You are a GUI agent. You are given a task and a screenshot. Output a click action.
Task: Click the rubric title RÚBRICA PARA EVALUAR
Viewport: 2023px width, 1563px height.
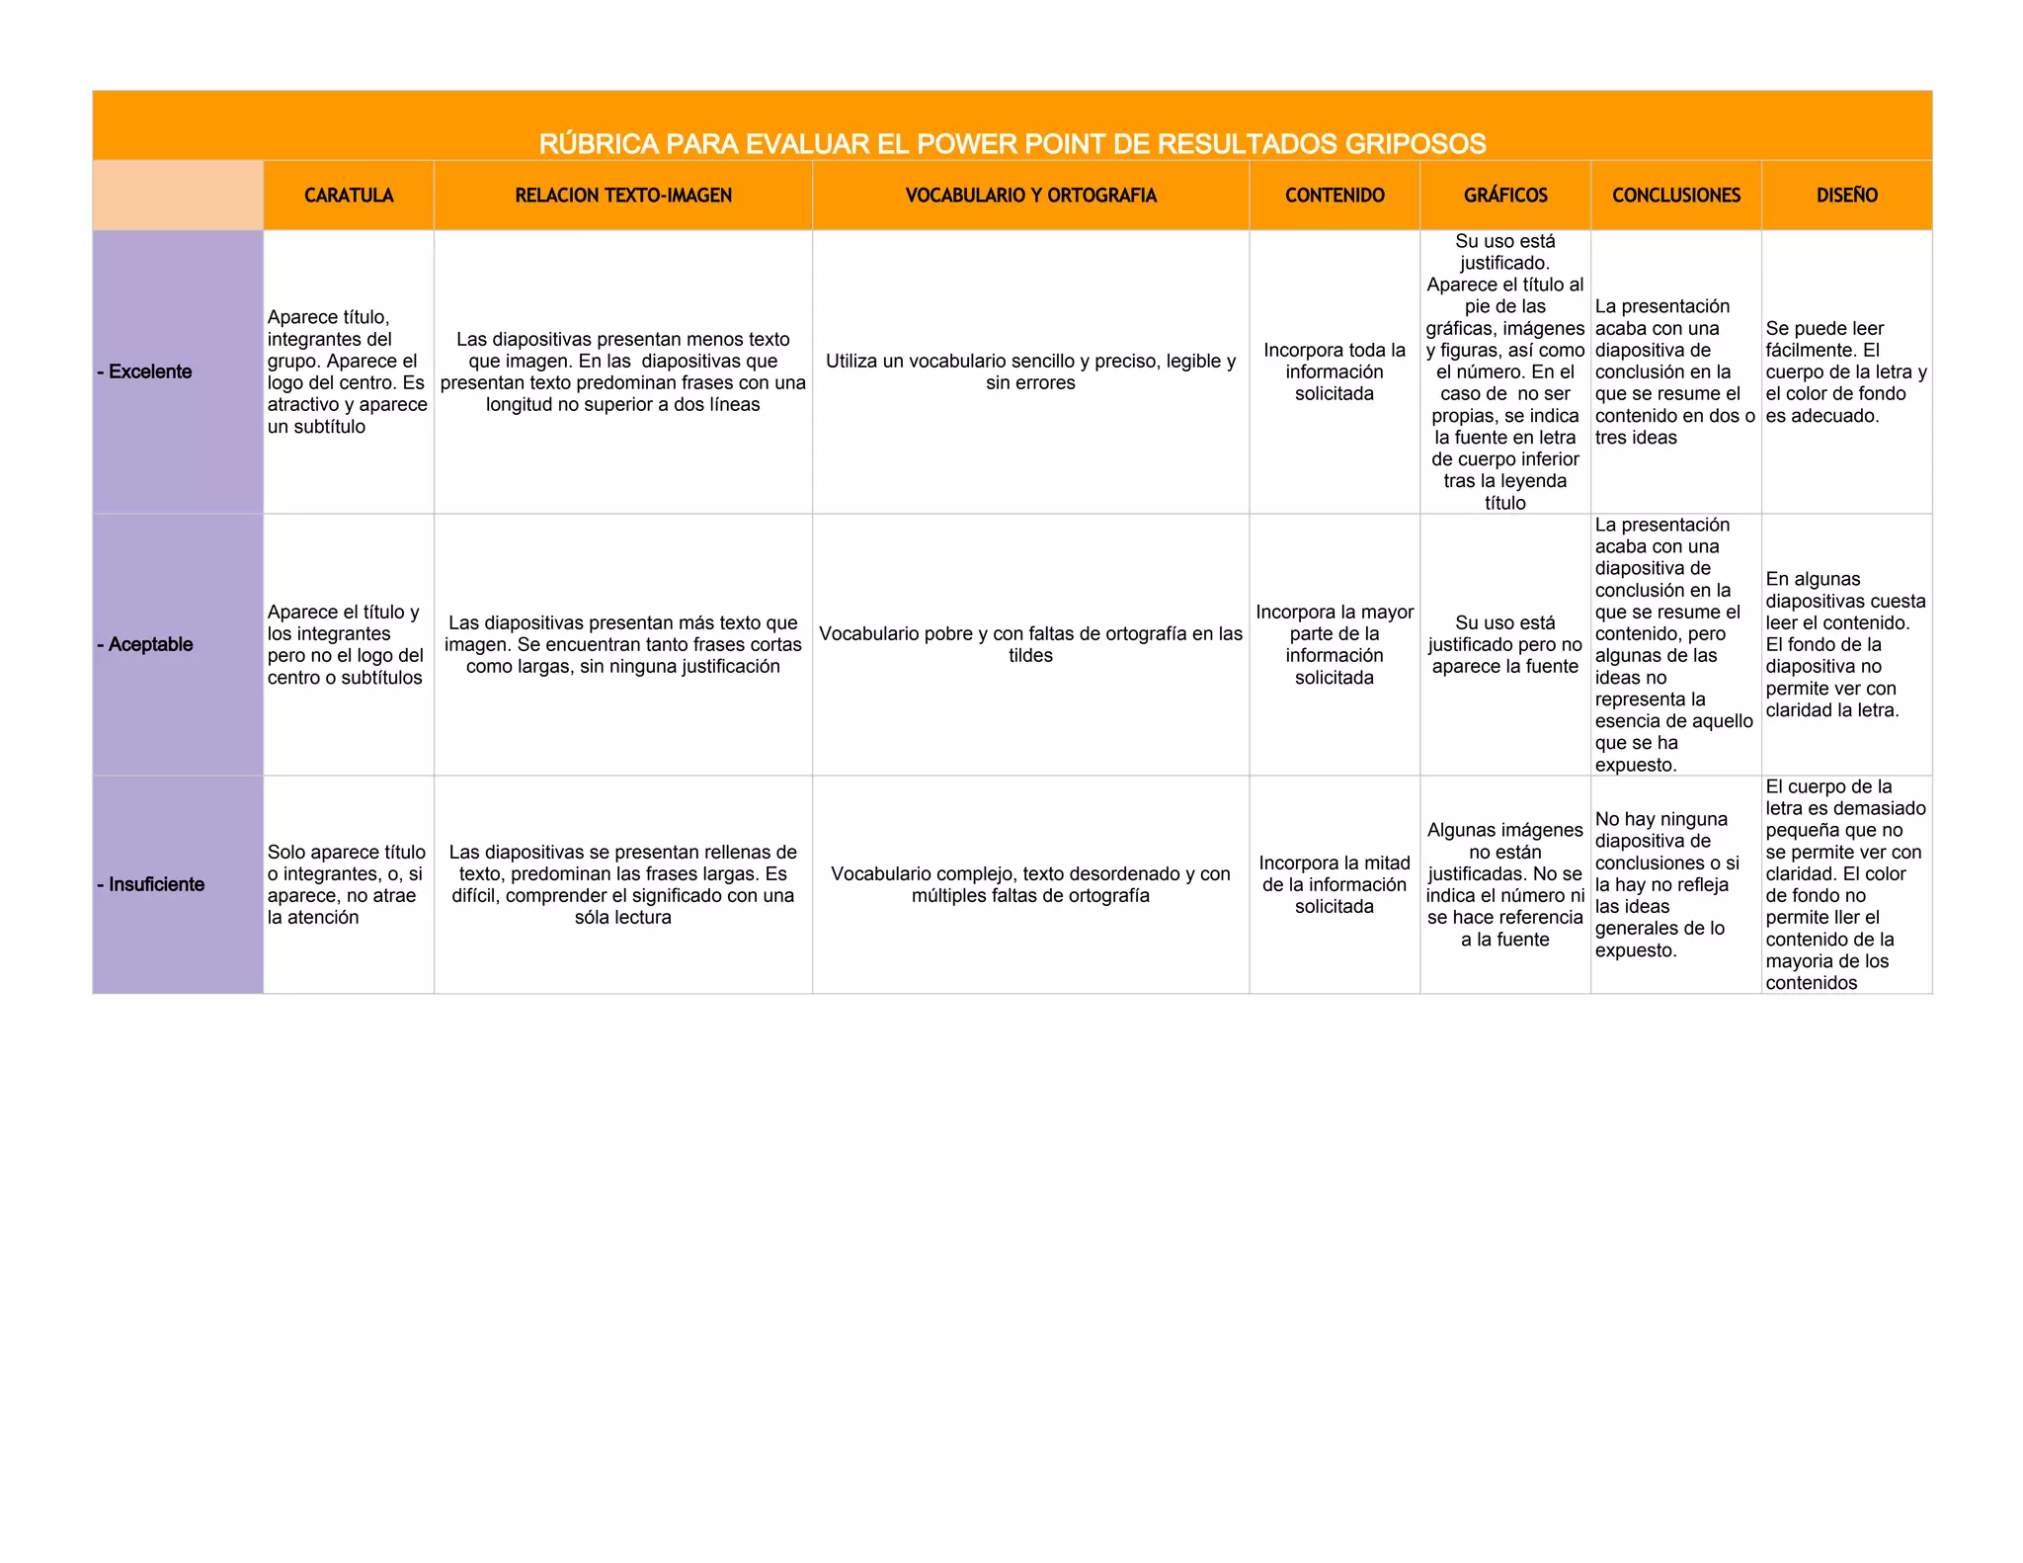1011,144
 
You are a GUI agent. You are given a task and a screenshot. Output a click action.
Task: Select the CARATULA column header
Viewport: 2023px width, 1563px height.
349,196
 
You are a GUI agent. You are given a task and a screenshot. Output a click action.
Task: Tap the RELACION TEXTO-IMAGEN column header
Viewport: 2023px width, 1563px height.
623,196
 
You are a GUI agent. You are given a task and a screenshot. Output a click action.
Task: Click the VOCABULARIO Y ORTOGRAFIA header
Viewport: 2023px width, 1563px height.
1030,196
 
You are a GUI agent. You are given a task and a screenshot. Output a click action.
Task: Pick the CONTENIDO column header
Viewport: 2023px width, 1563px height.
1335,196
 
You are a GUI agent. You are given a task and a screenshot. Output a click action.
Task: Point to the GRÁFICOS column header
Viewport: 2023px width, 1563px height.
1505,196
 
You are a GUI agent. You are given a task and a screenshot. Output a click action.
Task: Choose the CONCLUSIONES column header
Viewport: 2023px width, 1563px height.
1676,196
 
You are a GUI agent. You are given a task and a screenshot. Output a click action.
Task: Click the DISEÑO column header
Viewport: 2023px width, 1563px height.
1846,196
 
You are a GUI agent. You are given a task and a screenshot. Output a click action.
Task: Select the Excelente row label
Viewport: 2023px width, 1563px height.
145,371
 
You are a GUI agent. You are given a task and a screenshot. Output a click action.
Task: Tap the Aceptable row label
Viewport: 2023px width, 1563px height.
145,644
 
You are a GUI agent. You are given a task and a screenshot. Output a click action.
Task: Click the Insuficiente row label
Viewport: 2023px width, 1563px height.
151,884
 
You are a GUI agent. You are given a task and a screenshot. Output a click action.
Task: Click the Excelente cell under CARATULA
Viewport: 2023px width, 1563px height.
348,371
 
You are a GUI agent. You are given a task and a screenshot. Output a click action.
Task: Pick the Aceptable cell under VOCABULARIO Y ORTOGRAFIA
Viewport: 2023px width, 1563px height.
1030,644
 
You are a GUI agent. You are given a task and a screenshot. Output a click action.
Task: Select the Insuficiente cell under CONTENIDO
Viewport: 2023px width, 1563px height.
1335,884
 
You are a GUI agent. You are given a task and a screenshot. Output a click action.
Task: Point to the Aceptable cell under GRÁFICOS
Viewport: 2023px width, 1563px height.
1505,644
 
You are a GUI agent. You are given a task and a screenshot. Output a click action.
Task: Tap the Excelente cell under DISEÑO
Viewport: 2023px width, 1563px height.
1846,371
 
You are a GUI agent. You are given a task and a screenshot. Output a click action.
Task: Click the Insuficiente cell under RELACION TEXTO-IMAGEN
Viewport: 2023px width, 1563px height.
623,884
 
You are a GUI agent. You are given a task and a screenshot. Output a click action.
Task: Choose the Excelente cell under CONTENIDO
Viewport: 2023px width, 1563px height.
1335,371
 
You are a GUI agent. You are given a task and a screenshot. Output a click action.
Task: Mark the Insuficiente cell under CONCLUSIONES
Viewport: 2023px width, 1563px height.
1675,884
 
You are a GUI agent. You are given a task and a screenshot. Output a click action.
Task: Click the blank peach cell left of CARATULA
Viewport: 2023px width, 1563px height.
178,196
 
